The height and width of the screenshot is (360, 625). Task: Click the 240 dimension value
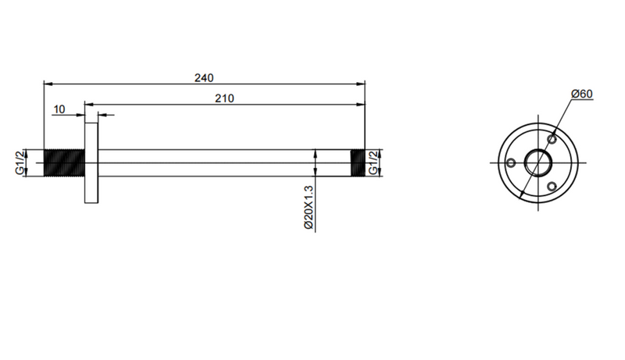pyautogui.click(x=204, y=77)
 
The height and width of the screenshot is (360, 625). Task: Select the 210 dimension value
pyautogui.click(x=224, y=98)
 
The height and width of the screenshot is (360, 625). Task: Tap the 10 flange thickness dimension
pyautogui.click(x=59, y=109)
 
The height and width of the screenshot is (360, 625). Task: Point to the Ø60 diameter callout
pyautogui.click(x=582, y=94)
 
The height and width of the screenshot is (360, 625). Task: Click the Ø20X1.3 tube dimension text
pyautogui.click(x=309, y=208)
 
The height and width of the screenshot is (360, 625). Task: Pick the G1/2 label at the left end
pyautogui.click(x=20, y=162)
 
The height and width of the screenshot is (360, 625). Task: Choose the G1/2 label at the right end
pyautogui.click(x=373, y=162)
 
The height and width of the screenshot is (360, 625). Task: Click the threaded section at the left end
pyautogui.click(x=64, y=163)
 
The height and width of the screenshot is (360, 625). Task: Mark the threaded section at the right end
pyautogui.click(x=358, y=163)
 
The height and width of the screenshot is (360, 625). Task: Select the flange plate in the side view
pyautogui.click(x=91, y=163)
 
